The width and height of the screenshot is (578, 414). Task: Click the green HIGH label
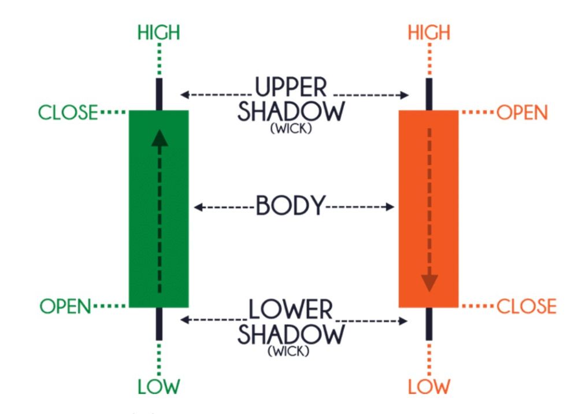158,33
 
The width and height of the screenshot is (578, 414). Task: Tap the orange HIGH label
429,33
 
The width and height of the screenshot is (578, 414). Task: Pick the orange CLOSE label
526,306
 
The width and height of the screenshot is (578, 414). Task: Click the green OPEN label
65,306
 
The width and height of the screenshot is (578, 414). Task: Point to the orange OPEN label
521,112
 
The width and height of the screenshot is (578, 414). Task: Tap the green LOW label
158,386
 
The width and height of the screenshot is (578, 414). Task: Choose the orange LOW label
429,386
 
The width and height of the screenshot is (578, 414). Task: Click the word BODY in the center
291,206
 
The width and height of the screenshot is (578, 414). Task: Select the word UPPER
291,88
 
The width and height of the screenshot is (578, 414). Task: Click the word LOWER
291,310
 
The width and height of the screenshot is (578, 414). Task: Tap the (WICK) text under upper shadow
291,130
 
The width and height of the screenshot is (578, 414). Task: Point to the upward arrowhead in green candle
160,137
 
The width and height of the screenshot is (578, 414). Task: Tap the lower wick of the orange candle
429,323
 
